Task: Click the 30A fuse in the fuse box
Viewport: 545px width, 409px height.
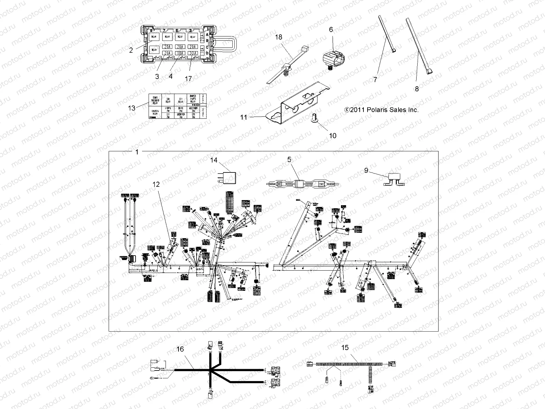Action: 193,53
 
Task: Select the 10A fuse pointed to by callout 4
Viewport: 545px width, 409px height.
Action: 180,53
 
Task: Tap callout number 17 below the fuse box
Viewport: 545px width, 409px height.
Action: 188,78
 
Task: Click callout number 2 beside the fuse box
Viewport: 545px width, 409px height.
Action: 131,50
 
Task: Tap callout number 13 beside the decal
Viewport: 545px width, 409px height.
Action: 131,108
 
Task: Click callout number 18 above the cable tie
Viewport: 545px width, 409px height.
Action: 279,37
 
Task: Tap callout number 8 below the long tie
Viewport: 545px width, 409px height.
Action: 417,89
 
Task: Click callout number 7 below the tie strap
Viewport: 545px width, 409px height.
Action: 375,79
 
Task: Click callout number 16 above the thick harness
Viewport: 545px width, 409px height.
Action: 180,349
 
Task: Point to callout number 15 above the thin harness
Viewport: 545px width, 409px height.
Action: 345,348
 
